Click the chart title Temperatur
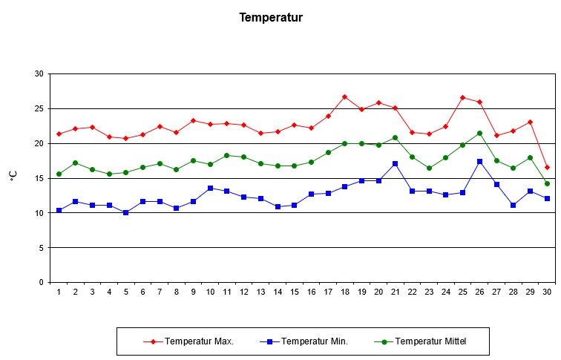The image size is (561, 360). (271, 17)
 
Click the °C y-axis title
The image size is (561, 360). (13, 176)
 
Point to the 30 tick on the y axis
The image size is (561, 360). (38, 73)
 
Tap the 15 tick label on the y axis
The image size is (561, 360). (38, 178)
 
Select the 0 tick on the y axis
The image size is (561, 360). (40, 282)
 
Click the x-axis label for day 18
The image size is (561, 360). (344, 292)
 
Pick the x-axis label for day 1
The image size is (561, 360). (59, 292)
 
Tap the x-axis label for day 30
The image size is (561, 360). (547, 292)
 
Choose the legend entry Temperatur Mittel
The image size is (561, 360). (430, 341)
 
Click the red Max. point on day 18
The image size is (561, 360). (344, 96)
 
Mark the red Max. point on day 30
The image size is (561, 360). (547, 167)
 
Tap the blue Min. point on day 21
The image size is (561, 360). (395, 163)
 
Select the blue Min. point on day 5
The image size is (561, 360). (125, 212)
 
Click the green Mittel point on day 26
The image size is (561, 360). (479, 133)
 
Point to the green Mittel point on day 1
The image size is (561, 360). (59, 174)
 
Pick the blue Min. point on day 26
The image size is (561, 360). (479, 161)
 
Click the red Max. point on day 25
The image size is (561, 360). (463, 97)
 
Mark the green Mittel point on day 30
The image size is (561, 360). (547, 183)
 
